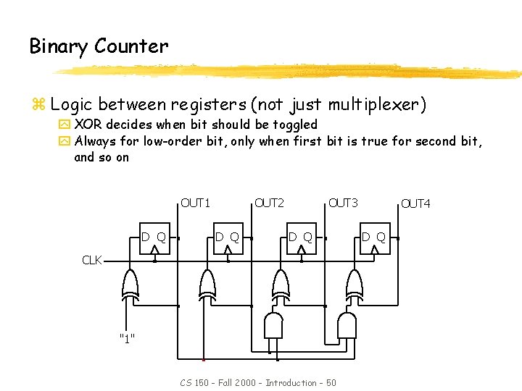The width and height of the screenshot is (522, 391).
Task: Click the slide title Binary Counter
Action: coord(99,46)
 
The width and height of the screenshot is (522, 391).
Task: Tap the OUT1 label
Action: coord(195,203)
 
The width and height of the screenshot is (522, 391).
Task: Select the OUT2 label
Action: coord(269,203)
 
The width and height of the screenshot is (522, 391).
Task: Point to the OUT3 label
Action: coord(343,203)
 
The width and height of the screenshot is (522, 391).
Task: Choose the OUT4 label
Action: coord(416,203)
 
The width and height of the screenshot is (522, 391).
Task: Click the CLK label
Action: coord(92,260)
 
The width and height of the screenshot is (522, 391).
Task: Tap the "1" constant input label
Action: coord(127,337)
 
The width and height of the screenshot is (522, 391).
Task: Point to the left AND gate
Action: coord(273,325)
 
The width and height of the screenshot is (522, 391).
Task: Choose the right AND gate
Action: coord(347,325)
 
